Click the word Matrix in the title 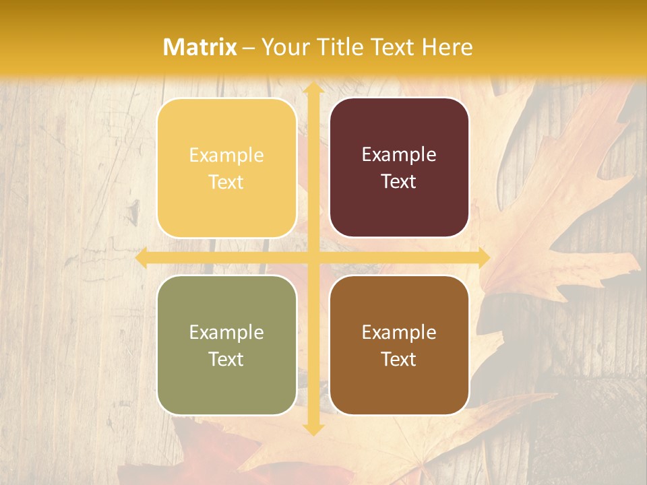200,47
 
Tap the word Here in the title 448,47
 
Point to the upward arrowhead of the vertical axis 313,88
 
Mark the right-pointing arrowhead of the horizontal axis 483,258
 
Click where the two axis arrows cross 313,258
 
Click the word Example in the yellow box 226,156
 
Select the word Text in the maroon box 399,182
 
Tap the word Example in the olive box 226,333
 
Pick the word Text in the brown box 399,359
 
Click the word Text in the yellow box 226,182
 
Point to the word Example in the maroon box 399,156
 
